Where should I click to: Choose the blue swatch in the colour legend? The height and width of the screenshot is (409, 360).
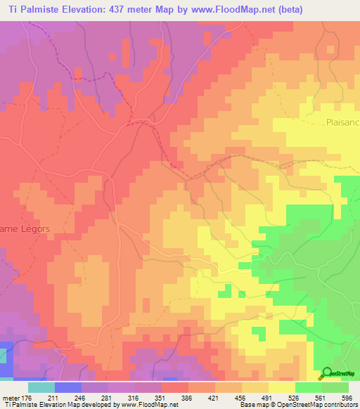(67, 387)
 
